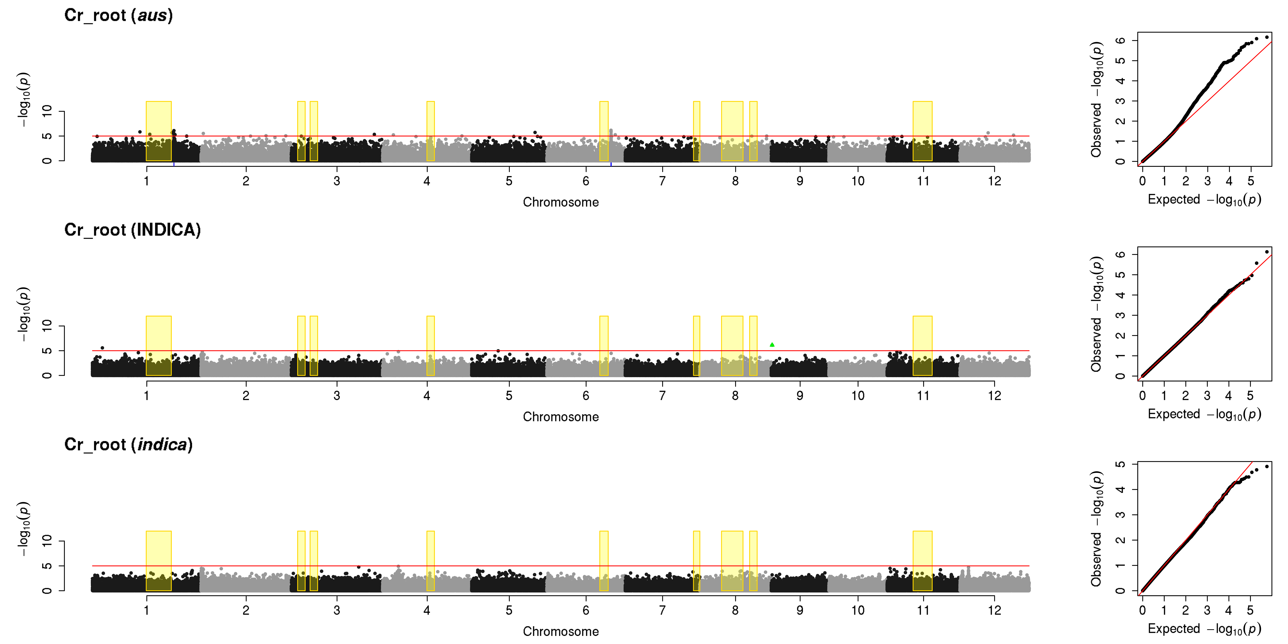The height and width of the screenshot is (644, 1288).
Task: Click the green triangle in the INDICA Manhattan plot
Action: (x=772, y=345)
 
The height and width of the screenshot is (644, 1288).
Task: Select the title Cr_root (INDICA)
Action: (x=133, y=230)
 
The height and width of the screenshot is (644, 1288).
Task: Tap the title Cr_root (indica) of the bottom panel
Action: (x=129, y=444)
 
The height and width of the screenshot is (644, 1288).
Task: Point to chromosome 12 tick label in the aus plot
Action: (x=994, y=181)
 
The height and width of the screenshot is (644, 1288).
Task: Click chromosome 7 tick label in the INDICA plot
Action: (x=663, y=396)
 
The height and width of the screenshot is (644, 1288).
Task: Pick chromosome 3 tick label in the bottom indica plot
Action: (x=337, y=610)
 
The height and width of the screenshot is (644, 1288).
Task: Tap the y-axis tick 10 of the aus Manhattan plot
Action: (x=47, y=111)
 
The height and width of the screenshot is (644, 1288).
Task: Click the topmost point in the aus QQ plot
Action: (x=1267, y=37)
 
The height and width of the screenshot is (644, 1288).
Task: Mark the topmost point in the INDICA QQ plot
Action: (x=1267, y=252)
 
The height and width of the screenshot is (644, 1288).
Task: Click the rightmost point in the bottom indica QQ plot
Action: (x=1267, y=466)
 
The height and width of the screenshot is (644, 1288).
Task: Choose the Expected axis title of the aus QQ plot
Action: (x=1204, y=200)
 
